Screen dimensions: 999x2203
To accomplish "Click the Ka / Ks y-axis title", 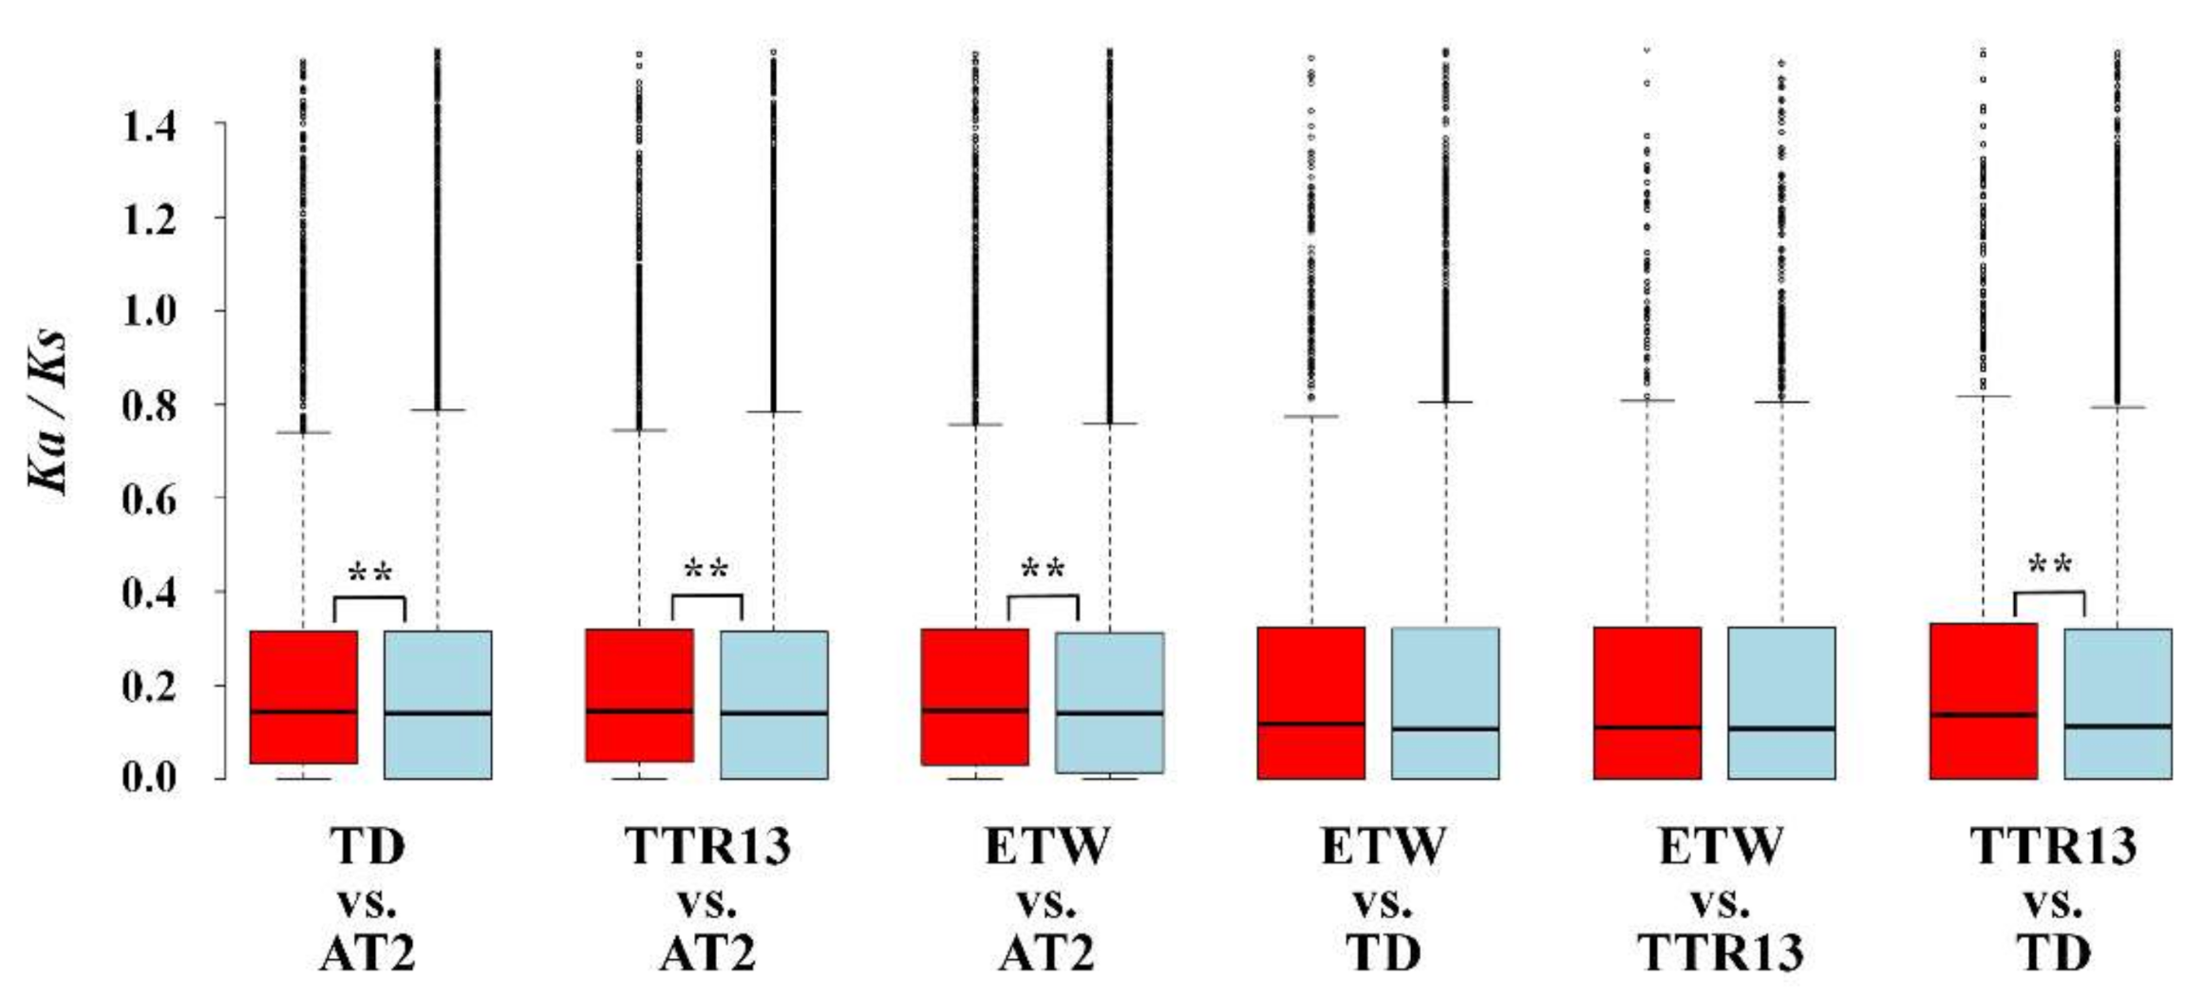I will (47, 410).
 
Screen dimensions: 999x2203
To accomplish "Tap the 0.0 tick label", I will (150, 779).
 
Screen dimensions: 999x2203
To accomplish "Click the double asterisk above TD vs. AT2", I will (369, 573).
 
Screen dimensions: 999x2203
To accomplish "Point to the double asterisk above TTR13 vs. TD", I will (2049, 567).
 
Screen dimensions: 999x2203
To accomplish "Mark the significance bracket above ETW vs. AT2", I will (1043, 597).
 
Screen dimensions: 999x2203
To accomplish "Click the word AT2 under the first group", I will (367, 954).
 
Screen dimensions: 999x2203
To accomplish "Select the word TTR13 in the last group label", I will (2053, 845).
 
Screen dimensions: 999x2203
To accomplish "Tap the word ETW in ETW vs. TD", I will (1383, 845).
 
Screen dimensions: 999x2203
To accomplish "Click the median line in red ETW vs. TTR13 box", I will (1647, 727).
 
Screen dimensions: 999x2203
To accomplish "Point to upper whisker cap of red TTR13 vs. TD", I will (1983, 396).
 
